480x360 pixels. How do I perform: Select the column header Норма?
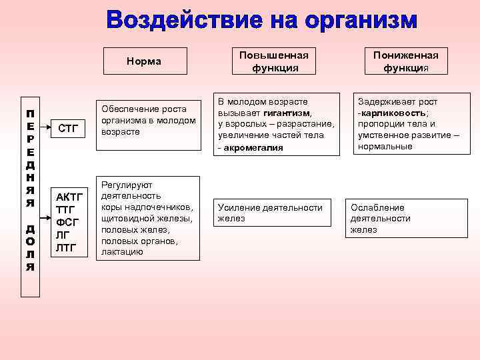point(144,61)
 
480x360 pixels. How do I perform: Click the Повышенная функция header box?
point(275,61)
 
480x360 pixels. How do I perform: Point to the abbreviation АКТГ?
point(69,197)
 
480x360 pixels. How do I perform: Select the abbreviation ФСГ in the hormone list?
point(67,223)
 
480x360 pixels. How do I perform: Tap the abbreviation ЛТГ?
point(67,248)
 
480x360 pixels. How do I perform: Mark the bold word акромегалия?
point(255,147)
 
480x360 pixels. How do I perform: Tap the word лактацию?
point(122,252)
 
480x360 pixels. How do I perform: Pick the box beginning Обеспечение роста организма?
point(148,120)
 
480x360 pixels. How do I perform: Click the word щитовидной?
point(125,218)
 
